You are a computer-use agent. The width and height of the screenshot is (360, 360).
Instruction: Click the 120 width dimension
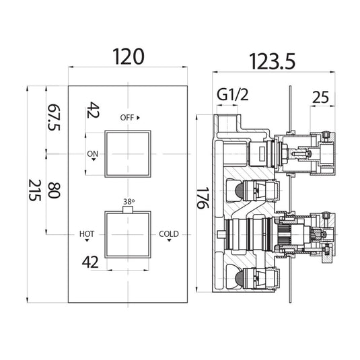[129, 57]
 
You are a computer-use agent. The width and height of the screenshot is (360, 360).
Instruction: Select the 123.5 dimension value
[272, 61]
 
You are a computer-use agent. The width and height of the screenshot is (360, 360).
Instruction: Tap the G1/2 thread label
[233, 95]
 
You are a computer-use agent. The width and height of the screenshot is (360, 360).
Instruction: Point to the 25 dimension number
[320, 98]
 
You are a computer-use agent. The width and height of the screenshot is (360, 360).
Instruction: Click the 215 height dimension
[35, 190]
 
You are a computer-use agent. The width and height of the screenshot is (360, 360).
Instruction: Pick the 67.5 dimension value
[54, 118]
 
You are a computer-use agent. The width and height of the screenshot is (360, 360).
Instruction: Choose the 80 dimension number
[54, 190]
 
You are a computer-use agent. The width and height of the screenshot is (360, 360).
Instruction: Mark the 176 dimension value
[203, 198]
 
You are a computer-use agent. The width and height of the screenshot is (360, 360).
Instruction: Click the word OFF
[127, 118]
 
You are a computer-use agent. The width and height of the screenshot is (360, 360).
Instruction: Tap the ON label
[93, 154]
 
